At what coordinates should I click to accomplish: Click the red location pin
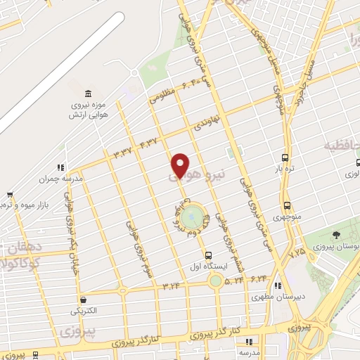tap(180, 166)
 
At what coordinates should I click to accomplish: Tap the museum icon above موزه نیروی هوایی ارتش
tap(88, 95)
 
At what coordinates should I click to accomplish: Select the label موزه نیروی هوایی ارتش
tap(87, 110)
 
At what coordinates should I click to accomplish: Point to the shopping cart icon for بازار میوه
tap(10, 194)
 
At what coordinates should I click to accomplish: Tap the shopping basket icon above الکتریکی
tap(84, 300)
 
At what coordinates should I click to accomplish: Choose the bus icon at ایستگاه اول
tap(207, 255)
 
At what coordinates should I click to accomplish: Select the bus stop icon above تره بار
tap(285, 157)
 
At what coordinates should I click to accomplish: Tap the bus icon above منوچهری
tap(287, 205)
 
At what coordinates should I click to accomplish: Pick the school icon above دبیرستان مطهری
tap(278, 286)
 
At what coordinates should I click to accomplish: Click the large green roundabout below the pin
tap(191, 217)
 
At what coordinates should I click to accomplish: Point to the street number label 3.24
tap(172, 285)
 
